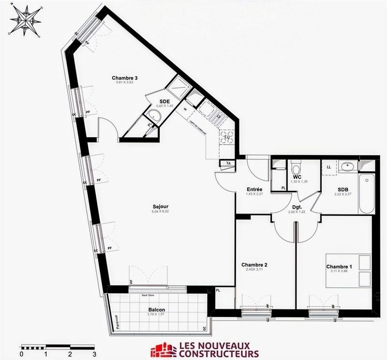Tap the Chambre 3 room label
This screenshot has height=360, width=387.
click(125, 78)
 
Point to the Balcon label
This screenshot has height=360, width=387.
click(156, 310)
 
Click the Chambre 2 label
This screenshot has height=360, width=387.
click(254, 265)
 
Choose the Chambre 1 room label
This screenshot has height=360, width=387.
click(339, 267)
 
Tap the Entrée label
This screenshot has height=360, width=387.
click(254, 189)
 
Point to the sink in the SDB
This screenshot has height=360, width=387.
click(347, 167)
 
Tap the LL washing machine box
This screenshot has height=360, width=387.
click(329, 167)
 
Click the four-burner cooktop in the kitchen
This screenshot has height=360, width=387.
click(227, 137)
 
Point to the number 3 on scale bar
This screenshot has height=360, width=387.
click(94, 354)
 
